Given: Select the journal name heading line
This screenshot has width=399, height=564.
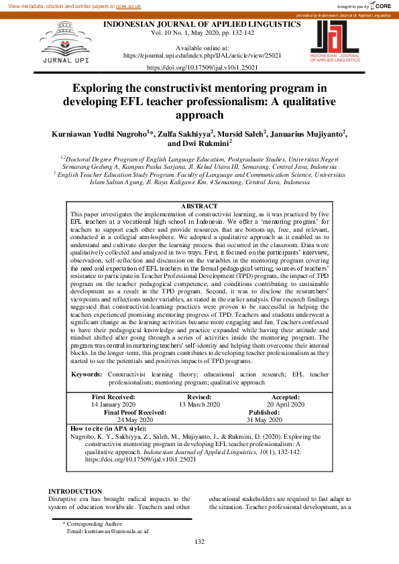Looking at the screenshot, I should tap(201, 23).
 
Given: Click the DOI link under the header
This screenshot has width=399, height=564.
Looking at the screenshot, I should tap(202, 68).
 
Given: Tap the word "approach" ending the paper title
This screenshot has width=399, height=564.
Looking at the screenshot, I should tap(202, 115).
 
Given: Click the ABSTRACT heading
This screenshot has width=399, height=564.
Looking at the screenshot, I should tap(199, 206).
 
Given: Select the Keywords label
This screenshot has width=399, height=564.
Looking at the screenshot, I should tap(87, 372).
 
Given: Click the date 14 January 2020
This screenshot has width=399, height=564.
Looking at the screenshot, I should tap(113, 405).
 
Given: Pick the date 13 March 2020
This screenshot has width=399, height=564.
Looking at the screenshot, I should tap(199, 405).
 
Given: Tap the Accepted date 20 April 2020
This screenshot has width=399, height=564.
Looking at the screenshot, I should tap(285, 405).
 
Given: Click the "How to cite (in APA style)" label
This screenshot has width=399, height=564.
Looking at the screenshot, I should tap(108, 428).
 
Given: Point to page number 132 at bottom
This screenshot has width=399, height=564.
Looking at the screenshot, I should tap(199, 542).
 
